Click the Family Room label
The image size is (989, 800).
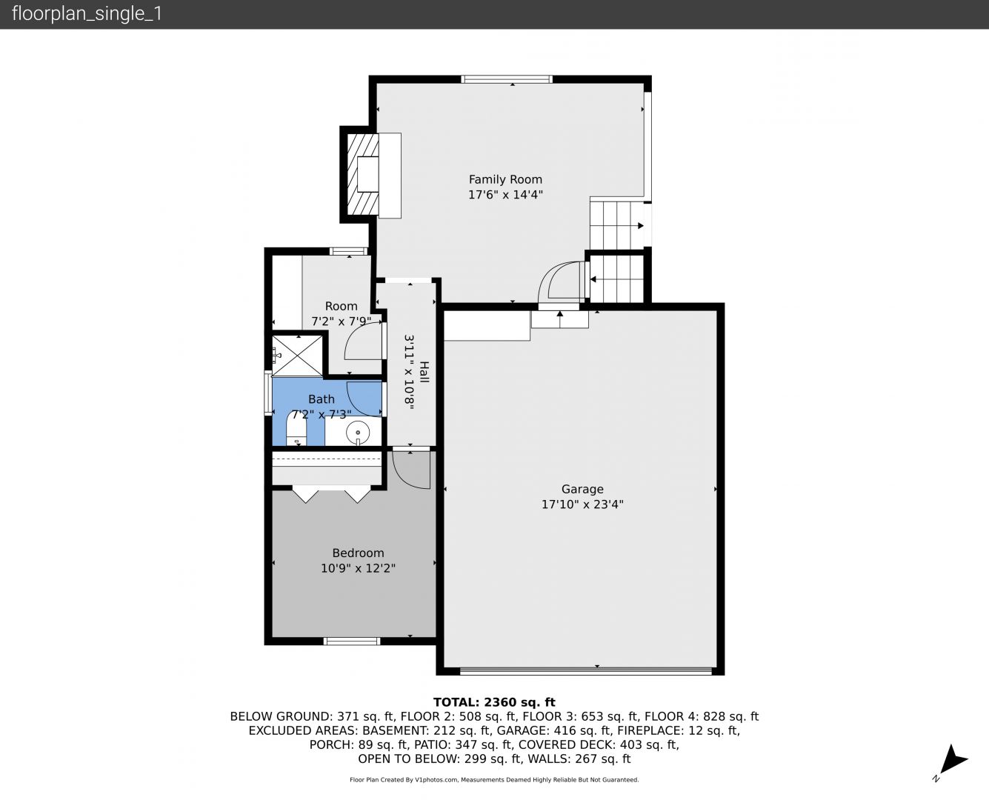point(505,179)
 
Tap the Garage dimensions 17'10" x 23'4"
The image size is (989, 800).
point(582,504)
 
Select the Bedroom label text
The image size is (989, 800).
point(358,553)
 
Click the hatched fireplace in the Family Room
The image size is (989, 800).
point(363,175)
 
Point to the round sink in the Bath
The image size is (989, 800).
point(358,433)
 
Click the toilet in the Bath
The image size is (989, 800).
point(296,428)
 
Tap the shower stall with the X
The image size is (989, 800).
point(296,356)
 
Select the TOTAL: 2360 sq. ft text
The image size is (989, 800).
point(494,702)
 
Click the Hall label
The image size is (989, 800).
point(424,372)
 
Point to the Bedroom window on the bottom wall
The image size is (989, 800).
point(352,641)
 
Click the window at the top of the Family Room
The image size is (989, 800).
point(507,79)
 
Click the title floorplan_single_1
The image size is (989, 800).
point(87,14)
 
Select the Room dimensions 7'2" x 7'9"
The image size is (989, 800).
point(342,321)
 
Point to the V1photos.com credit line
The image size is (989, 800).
point(494,779)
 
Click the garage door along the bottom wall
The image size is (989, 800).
point(585,670)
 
